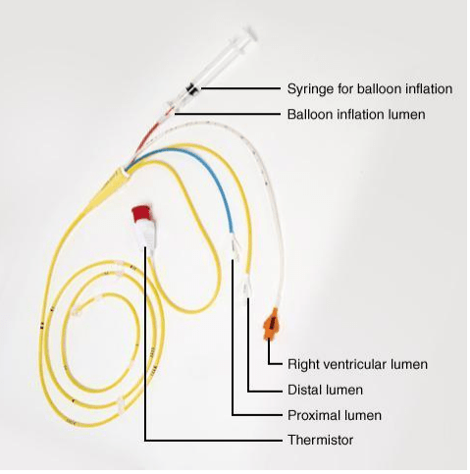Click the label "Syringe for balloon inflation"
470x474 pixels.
370,88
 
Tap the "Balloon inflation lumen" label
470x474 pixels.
356,115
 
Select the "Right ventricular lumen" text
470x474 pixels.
357,364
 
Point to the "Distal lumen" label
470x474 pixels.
325,390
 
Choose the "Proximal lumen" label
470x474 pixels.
335,415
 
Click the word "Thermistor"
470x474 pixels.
321,440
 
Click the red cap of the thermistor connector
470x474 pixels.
140,212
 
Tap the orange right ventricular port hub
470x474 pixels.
272,324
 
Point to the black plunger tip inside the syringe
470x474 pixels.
191,89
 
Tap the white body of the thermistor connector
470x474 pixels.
146,234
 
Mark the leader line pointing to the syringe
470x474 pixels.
240,88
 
